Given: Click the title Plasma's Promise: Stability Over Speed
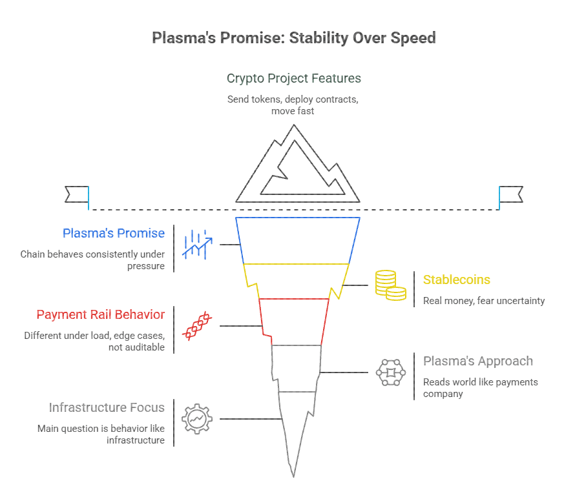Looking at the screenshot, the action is click(293, 37).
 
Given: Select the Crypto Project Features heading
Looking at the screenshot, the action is click(293, 78).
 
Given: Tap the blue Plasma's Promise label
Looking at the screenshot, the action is click(114, 233).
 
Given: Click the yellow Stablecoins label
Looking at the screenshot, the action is click(456, 280).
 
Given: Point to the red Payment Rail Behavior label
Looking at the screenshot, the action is click(100, 314).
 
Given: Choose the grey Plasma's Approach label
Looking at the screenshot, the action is click(477, 361).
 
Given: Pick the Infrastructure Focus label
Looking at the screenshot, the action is click(107, 407).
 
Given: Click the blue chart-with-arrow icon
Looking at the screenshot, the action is click(197, 244).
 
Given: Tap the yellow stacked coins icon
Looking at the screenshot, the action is click(390, 285).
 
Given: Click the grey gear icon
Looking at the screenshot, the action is click(197, 418).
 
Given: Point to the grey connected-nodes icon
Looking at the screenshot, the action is click(390, 372).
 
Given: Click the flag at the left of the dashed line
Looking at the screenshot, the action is click(78, 194).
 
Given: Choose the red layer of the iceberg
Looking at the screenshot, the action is click(294, 321).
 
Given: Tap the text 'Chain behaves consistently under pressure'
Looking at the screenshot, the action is click(92, 260).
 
